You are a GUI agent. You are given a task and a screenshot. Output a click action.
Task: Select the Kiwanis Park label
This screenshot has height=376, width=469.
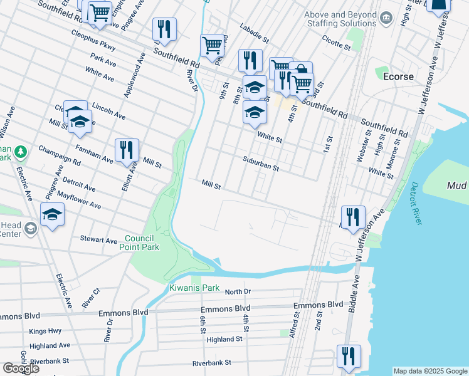coord(194,288)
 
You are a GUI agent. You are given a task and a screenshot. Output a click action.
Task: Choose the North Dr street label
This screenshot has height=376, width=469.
coord(238,291)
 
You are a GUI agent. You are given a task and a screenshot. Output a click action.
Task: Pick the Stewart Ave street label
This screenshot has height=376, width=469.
coord(98,239)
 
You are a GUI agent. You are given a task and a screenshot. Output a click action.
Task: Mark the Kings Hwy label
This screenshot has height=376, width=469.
coord(45,330)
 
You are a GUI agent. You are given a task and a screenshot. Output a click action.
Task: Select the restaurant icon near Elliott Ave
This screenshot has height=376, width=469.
coord(127,150)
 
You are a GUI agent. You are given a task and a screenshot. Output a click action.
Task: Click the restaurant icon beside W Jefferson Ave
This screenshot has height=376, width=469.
coord(352,217)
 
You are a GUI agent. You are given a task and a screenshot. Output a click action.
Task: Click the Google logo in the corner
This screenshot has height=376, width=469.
coord(21,368)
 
